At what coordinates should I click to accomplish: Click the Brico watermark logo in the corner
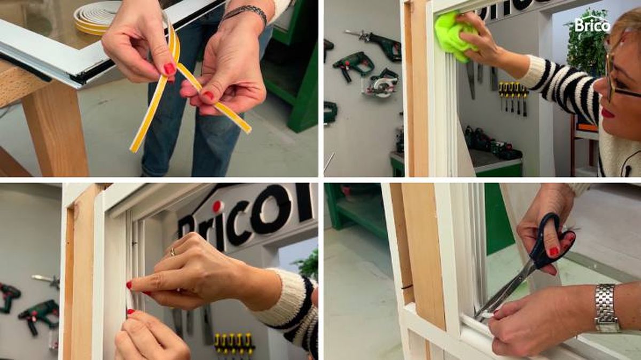point(592,24)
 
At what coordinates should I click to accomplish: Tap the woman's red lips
point(608,113)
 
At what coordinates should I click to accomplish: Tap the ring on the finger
point(172,251)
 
